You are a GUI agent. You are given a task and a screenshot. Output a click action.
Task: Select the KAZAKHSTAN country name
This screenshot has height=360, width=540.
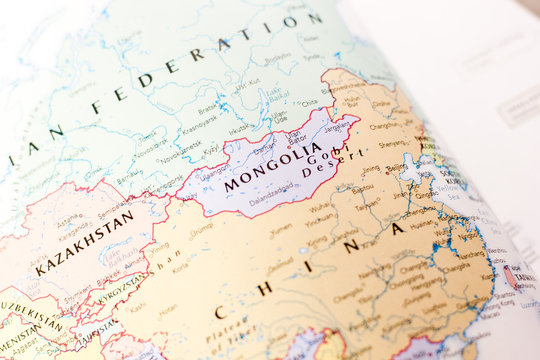[85, 242]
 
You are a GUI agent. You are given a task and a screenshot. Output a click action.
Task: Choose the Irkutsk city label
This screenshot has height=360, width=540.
[241, 127]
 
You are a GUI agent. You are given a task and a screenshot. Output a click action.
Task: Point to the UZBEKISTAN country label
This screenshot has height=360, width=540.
[30, 318]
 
